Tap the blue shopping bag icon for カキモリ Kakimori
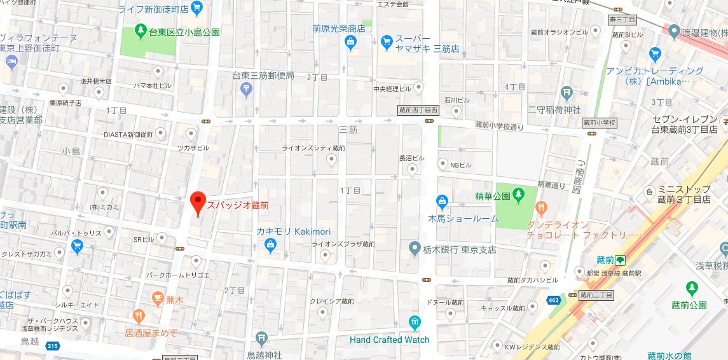point(270,244)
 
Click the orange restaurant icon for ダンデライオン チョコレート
point(541,207)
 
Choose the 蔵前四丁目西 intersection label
point(418,110)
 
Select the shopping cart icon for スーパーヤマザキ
point(386,42)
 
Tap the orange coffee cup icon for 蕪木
point(157,298)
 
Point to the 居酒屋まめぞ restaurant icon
point(138,315)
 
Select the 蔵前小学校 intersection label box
point(599,123)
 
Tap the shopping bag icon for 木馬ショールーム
point(443,202)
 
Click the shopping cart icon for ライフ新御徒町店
point(196,8)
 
